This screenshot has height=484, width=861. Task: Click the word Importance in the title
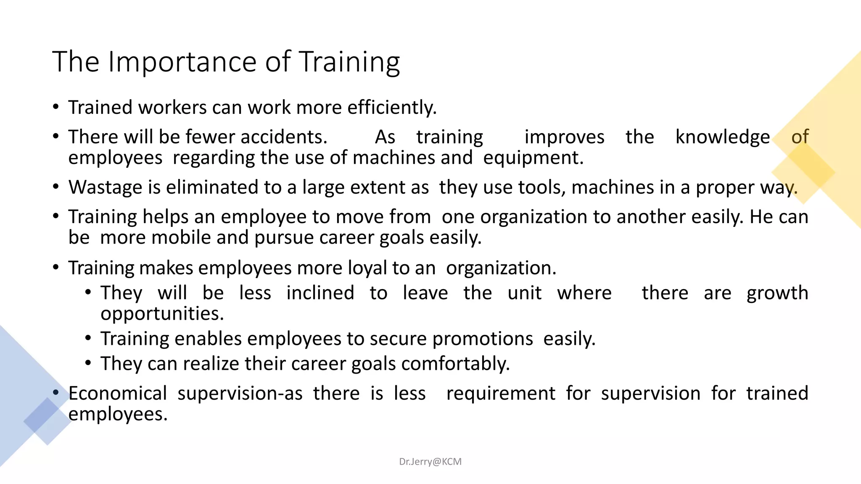(183, 62)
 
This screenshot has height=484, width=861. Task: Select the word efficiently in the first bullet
(392, 108)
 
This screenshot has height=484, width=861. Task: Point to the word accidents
(284, 137)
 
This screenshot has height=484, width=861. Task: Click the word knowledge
(722, 137)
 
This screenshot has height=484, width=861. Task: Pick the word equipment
(533, 158)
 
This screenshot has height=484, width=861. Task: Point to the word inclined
(320, 293)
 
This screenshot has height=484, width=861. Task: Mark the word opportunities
(162, 314)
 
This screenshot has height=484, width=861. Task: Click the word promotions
(483, 339)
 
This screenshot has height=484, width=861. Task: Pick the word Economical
(118, 394)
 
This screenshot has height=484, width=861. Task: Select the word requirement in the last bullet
(501, 394)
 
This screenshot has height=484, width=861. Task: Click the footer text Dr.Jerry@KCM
(430, 462)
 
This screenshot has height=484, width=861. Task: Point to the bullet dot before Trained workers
(56, 107)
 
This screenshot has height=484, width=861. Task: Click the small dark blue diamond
(42, 415)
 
